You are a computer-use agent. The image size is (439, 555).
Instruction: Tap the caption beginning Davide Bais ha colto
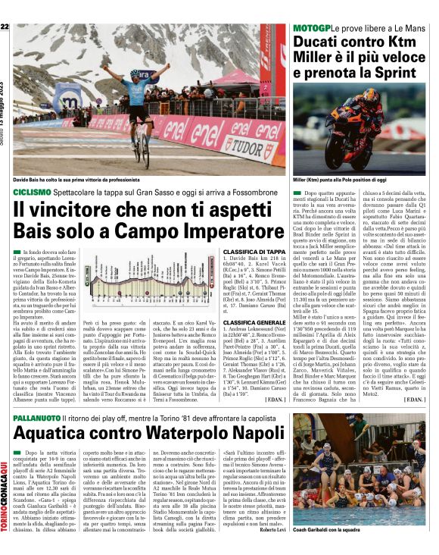(72, 180)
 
